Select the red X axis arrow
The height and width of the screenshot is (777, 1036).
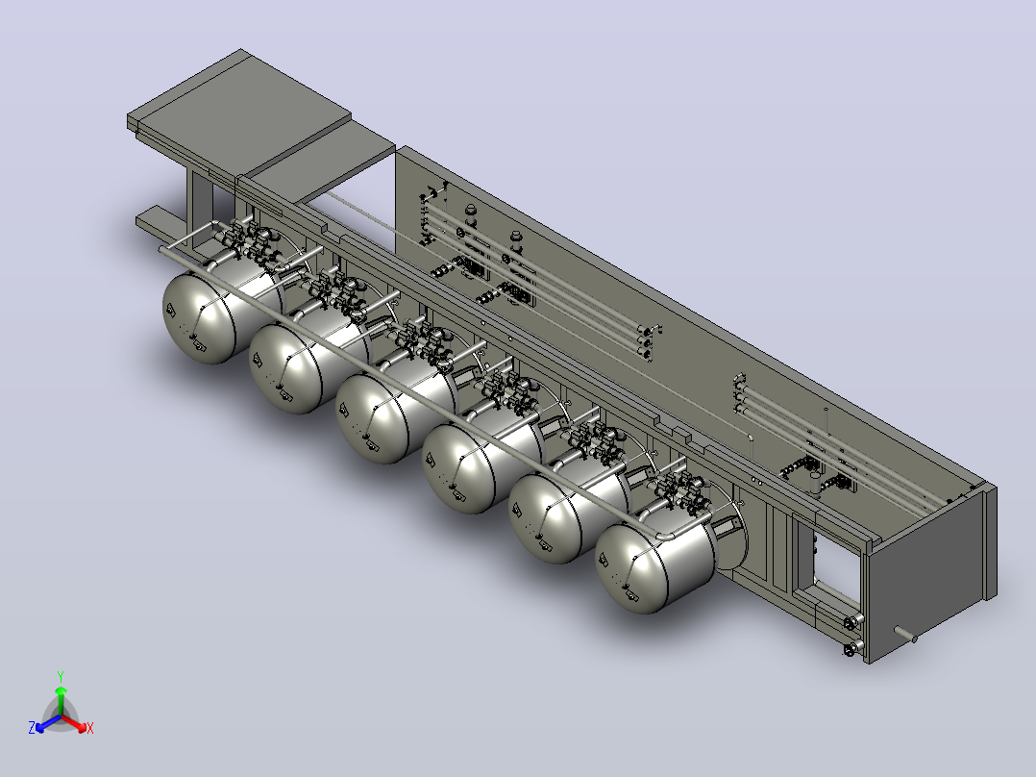(75, 723)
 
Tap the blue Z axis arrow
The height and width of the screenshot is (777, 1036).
(48, 723)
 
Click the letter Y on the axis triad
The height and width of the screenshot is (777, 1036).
(61, 676)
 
